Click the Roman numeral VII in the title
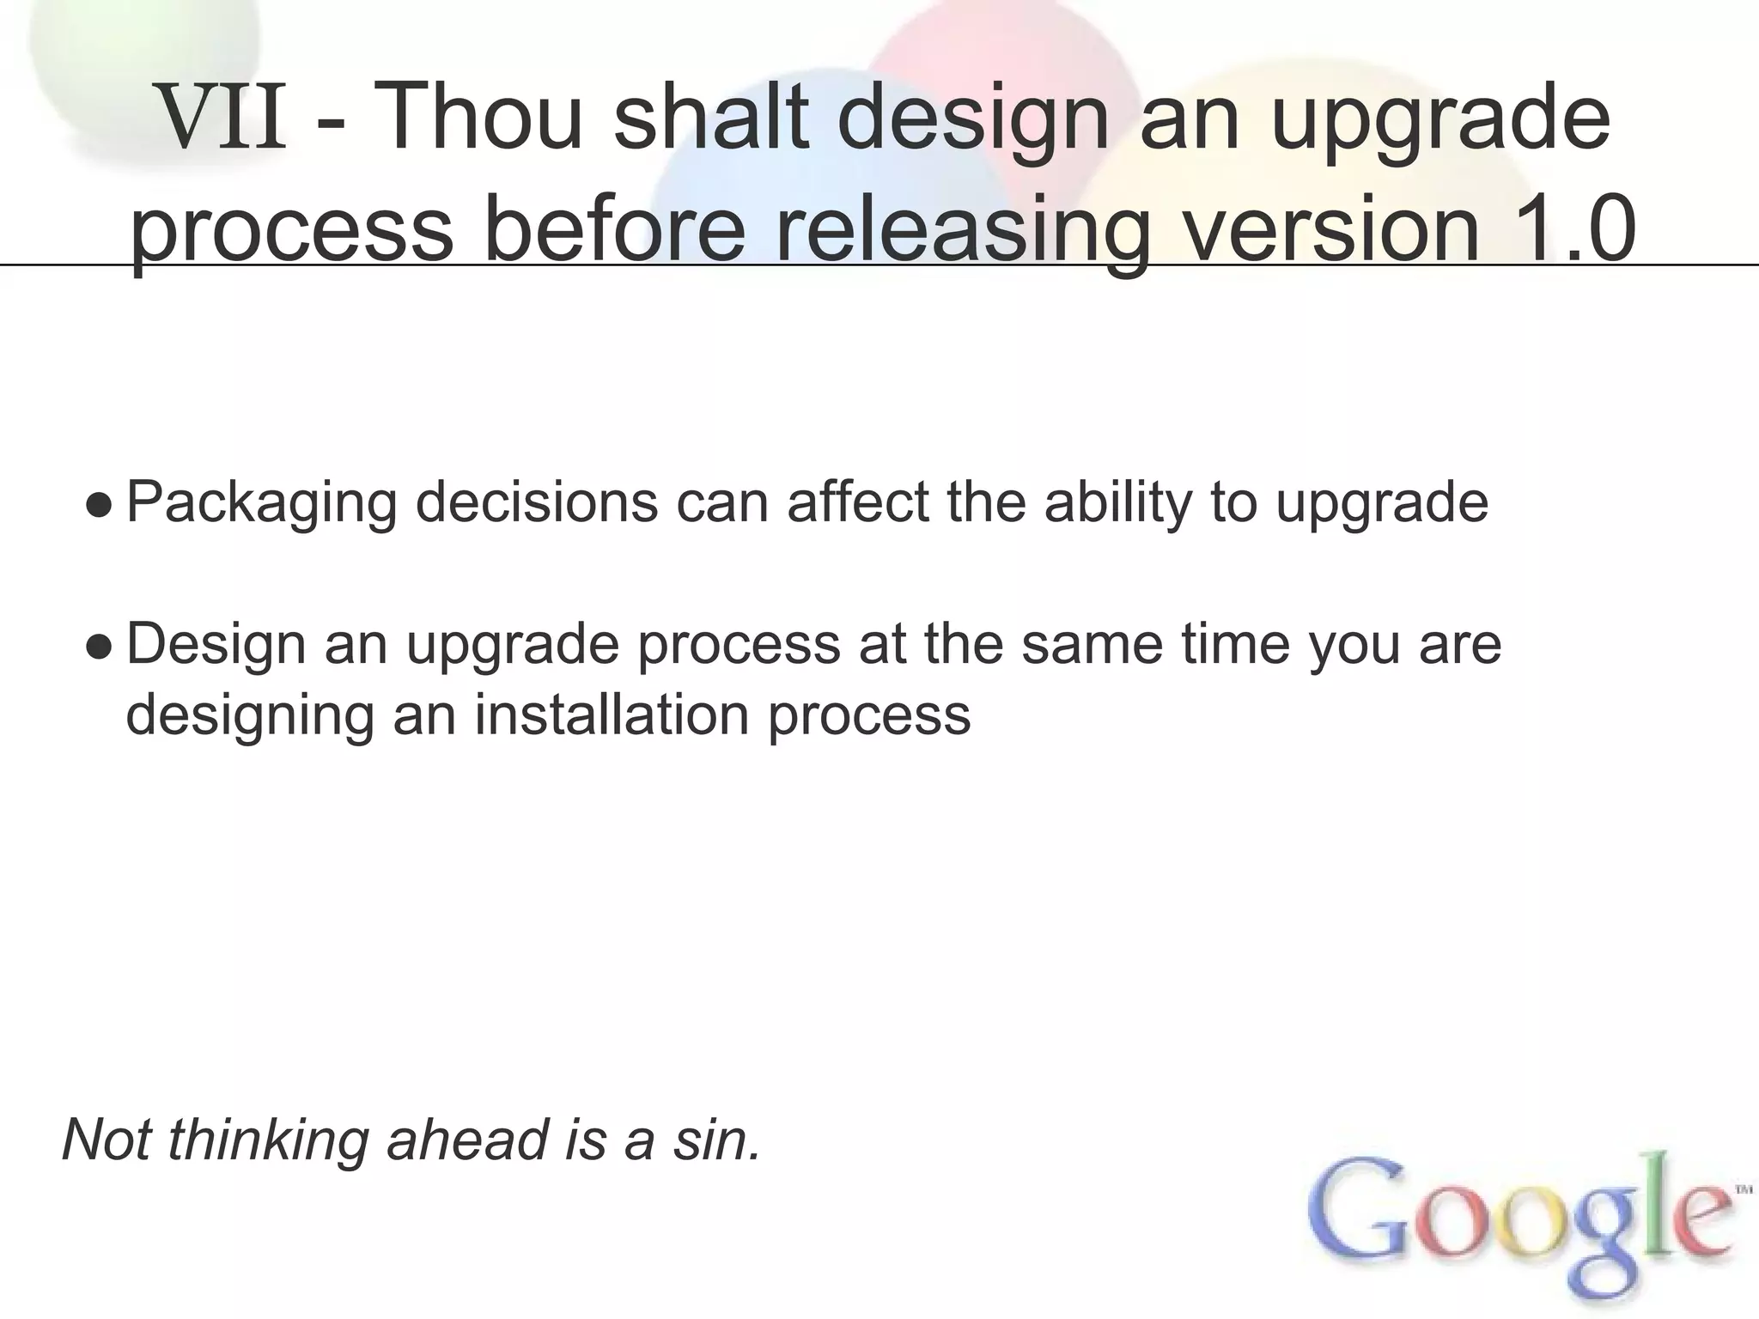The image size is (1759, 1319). point(223,121)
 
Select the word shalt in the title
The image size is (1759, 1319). point(713,119)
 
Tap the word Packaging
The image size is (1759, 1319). point(261,504)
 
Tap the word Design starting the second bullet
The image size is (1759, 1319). point(216,645)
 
